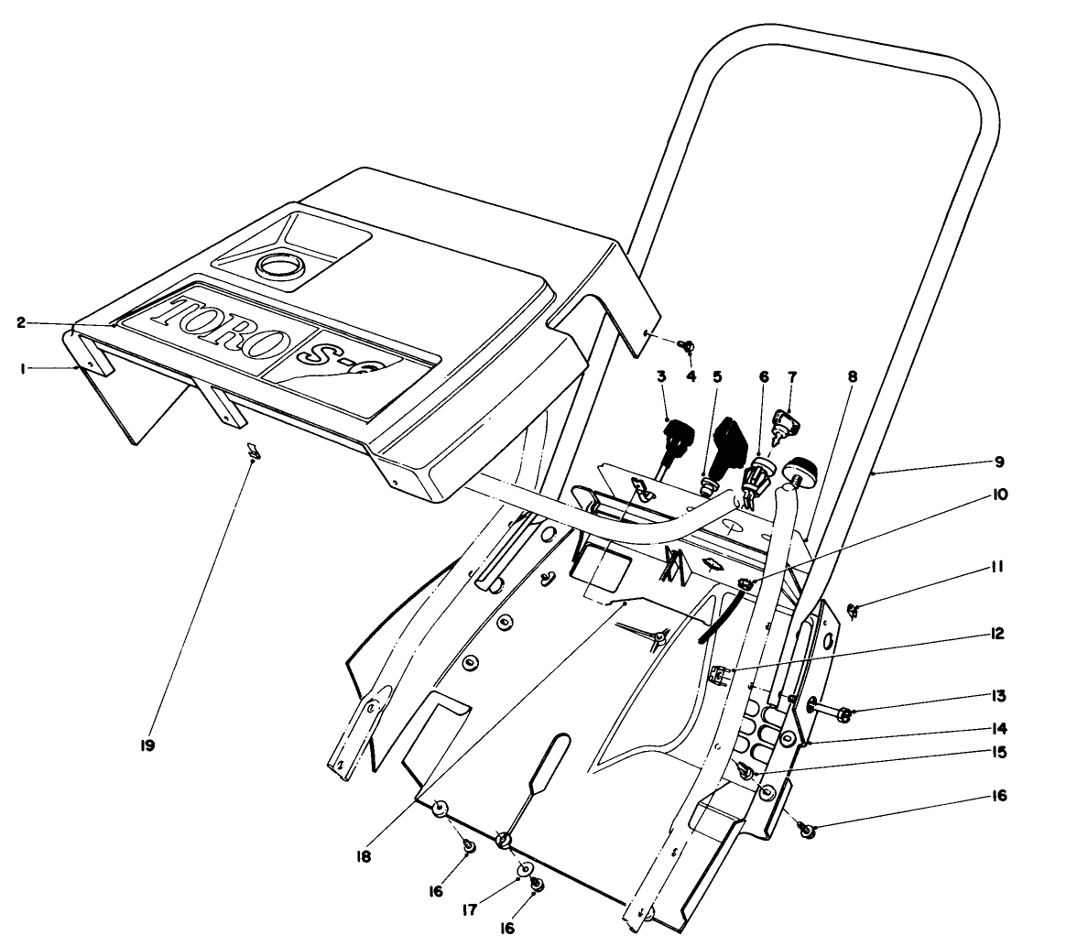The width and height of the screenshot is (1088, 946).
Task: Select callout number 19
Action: pyautogui.click(x=147, y=745)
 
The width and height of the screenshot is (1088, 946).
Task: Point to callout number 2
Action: pyautogui.click(x=20, y=321)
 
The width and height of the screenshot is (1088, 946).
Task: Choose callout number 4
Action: pyautogui.click(x=691, y=375)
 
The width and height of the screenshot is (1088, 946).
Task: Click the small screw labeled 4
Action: pyautogui.click(x=685, y=345)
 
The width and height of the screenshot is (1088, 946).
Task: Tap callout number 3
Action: pyautogui.click(x=659, y=375)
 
